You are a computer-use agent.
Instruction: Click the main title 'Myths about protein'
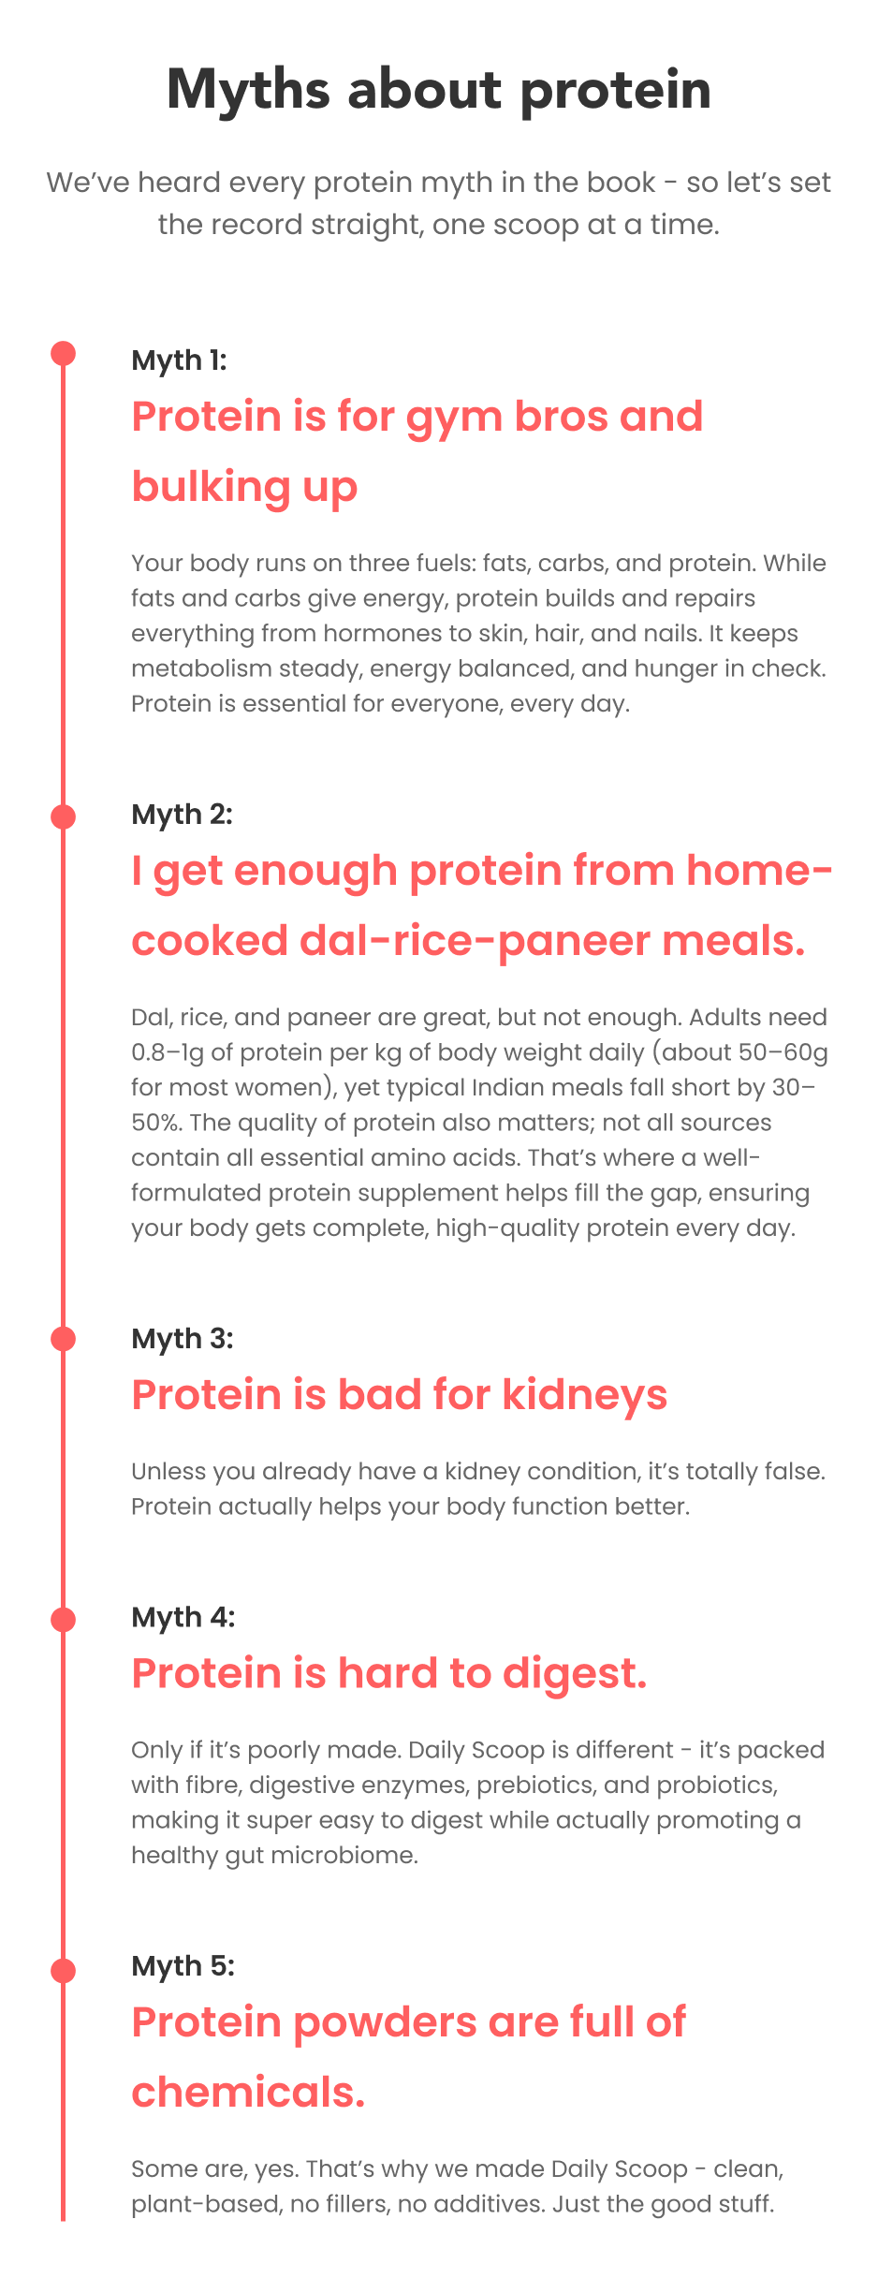tap(439, 91)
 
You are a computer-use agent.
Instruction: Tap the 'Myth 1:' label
tap(179, 360)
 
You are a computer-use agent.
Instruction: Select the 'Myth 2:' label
tap(182, 815)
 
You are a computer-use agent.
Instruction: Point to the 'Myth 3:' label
tap(182, 1339)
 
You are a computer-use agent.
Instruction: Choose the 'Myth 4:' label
tap(183, 1617)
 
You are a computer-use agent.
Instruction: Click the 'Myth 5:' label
tap(183, 1966)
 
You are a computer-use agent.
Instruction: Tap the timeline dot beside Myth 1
tap(63, 354)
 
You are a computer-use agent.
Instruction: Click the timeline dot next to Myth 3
tap(63, 1339)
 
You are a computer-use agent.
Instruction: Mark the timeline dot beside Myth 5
tap(63, 1971)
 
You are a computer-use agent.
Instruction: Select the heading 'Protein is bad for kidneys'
tap(399, 1395)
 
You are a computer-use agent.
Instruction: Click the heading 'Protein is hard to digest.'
tap(389, 1673)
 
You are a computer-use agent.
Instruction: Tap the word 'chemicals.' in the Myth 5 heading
tap(248, 2093)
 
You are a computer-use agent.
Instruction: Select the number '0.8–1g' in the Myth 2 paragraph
tap(168, 1052)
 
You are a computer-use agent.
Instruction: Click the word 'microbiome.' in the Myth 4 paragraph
tap(345, 1855)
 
